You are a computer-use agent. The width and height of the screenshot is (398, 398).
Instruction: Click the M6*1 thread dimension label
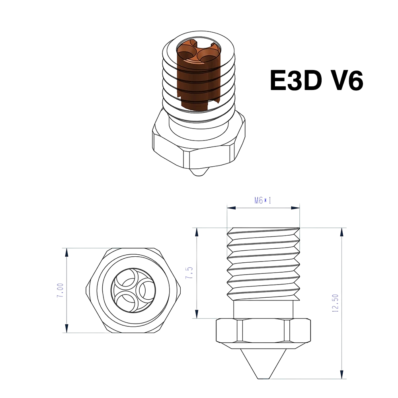pos(263,201)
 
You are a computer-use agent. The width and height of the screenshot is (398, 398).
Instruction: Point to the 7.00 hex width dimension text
pos(60,291)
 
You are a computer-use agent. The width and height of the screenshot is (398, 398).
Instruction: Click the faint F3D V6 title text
pos(318,80)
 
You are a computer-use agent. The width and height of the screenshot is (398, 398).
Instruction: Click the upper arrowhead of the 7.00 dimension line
pos(66,251)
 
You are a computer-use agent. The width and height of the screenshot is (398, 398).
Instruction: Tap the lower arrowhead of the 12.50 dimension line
pos(342,376)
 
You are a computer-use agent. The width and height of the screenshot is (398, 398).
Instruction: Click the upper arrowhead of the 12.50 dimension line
pos(342,231)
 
